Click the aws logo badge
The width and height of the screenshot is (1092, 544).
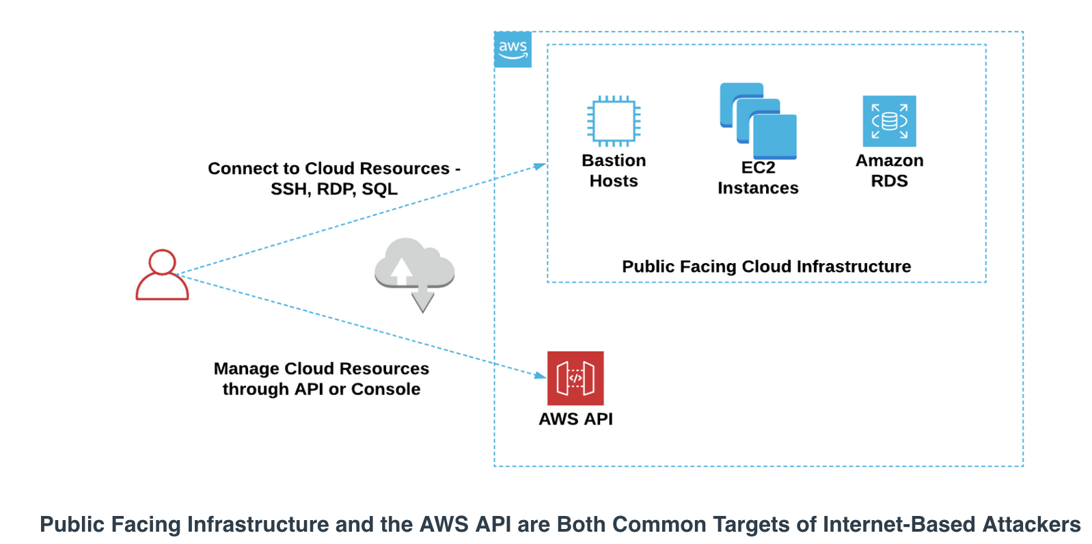tap(512, 49)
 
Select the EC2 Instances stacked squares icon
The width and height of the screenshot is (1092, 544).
tap(758, 121)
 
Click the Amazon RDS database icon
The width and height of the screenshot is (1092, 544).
tap(889, 121)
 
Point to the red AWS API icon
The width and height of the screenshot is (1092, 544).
tap(575, 378)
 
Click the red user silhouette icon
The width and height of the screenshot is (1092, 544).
tap(162, 275)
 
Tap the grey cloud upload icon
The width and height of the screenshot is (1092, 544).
tap(414, 267)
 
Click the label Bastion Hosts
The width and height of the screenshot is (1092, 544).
tap(614, 170)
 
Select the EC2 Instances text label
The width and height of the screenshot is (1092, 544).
tap(758, 178)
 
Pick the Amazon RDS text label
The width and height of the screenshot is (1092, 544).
tap(889, 170)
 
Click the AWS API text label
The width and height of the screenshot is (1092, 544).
tap(575, 419)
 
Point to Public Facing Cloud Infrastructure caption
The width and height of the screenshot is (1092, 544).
tap(766, 267)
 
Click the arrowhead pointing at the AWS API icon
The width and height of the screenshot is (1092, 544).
tap(540, 375)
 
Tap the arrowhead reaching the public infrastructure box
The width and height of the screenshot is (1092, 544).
tap(540, 166)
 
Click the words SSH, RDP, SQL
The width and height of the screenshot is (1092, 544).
tap(333, 189)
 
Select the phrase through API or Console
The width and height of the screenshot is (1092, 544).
tap(321, 390)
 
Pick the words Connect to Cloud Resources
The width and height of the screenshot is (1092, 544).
tap(329, 168)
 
